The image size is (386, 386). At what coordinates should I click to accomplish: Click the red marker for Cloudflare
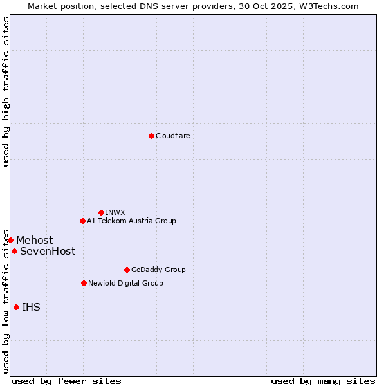point(151,136)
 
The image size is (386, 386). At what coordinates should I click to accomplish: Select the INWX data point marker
point(101,212)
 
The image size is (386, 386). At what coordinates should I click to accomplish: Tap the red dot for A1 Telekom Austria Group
point(82,221)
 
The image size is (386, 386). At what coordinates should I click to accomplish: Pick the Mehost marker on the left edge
point(10,240)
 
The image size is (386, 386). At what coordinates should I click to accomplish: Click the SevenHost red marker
point(14,251)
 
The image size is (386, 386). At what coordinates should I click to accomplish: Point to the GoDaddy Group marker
point(127,270)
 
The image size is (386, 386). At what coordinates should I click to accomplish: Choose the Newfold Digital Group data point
point(84,283)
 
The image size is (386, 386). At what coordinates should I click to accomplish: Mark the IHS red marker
point(16,307)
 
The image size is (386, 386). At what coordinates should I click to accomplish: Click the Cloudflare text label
point(172,136)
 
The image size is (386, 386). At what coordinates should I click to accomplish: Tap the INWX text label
point(115,212)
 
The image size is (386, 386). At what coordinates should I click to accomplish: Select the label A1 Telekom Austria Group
point(131,221)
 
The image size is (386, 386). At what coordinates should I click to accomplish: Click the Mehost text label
point(35,241)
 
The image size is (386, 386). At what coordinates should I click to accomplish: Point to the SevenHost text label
point(48,252)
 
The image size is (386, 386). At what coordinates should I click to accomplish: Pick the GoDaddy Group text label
point(158,270)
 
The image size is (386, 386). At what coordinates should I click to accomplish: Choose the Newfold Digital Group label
point(125,283)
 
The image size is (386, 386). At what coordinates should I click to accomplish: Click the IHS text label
point(31,308)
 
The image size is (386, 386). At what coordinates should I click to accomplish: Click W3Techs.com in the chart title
point(326,6)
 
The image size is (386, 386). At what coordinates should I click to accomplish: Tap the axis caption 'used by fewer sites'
point(66,381)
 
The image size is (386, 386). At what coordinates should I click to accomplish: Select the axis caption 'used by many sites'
point(323,381)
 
